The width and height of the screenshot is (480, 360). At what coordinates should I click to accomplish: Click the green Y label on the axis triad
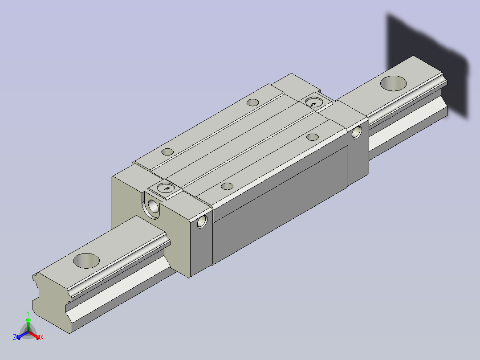coord(28,313)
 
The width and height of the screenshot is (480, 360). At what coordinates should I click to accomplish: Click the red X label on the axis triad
coord(42,337)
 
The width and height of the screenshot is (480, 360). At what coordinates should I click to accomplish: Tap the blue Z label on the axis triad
coord(15,337)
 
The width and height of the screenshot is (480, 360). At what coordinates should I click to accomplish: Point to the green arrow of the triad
coord(28,325)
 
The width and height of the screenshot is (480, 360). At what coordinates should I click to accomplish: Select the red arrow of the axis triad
coord(34,335)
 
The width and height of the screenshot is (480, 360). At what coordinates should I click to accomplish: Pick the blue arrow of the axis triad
coord(22,335)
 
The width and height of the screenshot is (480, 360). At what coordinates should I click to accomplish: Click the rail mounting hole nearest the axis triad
coord(86,261)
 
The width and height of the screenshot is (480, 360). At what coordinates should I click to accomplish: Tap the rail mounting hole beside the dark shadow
coord(393,83)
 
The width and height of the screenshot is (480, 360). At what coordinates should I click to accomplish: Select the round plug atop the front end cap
coord(165,187)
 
